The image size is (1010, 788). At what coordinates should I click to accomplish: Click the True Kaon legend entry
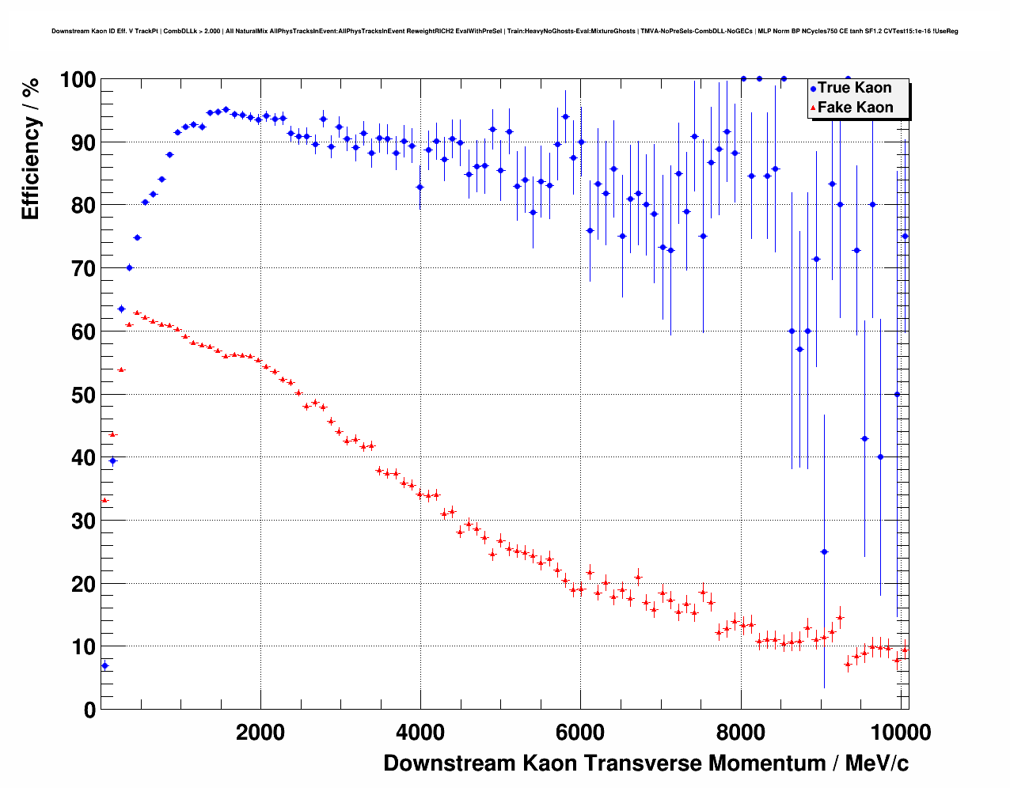[854, 88]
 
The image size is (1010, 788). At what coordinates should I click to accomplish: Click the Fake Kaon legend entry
[855, 108]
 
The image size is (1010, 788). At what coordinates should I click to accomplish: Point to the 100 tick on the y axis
[78, 80]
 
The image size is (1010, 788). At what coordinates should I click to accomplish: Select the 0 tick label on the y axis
[89, 710]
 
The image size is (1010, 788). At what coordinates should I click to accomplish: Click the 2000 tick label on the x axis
[260, 732]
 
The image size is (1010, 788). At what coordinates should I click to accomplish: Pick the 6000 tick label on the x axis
[580, 732]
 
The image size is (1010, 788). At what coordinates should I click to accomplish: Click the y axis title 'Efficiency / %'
[31, 148]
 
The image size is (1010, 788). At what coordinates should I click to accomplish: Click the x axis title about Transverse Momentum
[646, 763]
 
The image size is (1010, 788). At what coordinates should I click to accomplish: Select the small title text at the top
[505, 31]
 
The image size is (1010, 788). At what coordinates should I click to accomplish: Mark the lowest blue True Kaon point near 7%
[104, 665]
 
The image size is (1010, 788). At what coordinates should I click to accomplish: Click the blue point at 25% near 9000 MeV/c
[824, 551]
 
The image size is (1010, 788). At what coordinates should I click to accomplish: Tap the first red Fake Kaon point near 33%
[104, 500]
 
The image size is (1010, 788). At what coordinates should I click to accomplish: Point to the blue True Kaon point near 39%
[112, 460]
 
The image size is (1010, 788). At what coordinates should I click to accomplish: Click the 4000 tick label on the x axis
[420, 732]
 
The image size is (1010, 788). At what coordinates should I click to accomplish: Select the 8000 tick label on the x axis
[741, 732]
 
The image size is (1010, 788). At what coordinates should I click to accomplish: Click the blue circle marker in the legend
[813, 89]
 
